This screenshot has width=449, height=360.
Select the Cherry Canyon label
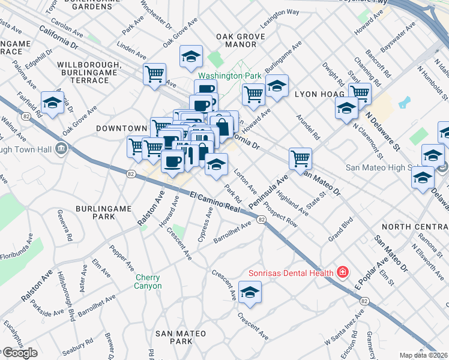pyautogui.click(x=148, y=281)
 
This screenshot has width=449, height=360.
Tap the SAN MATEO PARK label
pyautogui.click(x=181, y=337)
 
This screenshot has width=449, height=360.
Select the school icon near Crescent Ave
pyautogui.click(x=250, y=292)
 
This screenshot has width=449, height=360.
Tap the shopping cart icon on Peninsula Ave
pyautogui.click(x=300, y=158)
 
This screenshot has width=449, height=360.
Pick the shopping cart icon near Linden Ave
pyautogui.click(x=155, y=74)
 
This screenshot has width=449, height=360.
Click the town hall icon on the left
pyautogui.click(x=61, y=149)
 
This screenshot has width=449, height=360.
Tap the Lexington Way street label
pyautogui.click(x=280, y=20)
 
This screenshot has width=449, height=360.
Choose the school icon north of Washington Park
pyautogui.click(x=191, y=56)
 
